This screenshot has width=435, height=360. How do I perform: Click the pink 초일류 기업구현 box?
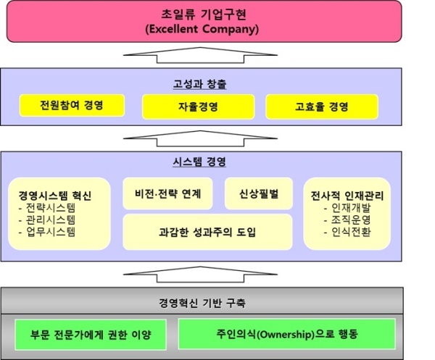tap(218, 21)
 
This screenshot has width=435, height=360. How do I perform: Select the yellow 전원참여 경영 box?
tap(71, 106)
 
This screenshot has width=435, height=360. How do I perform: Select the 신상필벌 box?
tap(258, 193)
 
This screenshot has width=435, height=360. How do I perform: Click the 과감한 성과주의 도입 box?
tap(213, 232)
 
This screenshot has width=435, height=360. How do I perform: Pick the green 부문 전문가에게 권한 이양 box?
tap(91, 335)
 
